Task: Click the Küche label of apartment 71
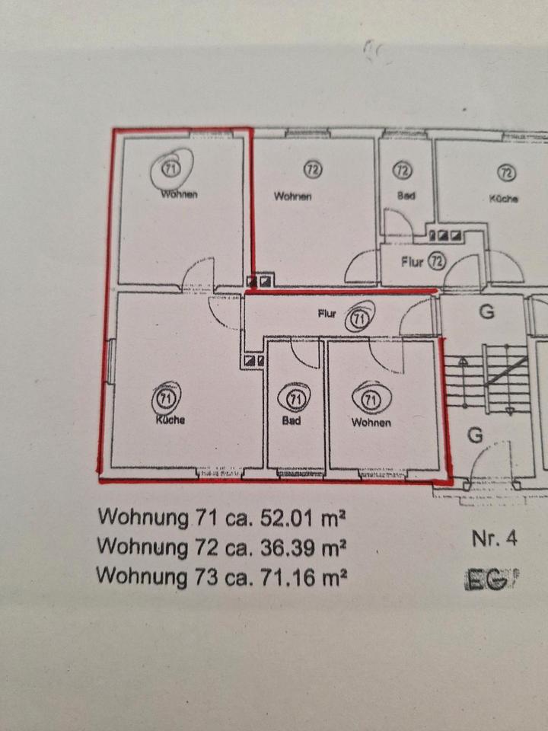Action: click(170, 420)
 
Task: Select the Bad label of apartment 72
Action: click(406, 196)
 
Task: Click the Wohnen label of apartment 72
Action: click(293, 196)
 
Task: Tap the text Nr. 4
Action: click(494, 539)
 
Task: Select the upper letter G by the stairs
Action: click(487, 311)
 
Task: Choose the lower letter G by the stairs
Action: click(475, 435)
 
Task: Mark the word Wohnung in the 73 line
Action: click(141, 576)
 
